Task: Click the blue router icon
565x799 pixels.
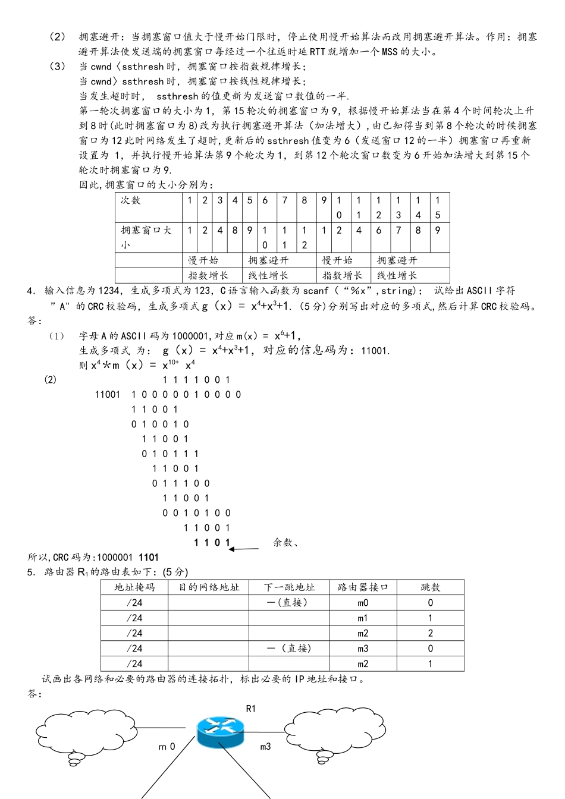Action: coord(220,732)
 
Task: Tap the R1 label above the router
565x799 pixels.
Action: coord(251,709)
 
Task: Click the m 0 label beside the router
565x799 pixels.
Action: coord(167,747)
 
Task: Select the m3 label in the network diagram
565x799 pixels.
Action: coord(265,747)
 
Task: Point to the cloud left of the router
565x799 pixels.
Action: coord(86,732)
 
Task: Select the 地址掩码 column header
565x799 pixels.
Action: coord(134,587)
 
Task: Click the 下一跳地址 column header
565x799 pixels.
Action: coord(289,587)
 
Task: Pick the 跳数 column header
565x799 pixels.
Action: coord(430,587)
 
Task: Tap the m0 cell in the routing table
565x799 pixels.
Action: coord(363,603)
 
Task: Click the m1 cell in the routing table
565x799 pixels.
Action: coord(363,618)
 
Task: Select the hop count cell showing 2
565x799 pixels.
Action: coord(431,634)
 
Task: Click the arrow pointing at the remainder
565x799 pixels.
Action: coord(244,549)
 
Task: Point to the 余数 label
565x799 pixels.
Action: coord(285,542)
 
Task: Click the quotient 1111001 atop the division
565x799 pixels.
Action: coord(196,380)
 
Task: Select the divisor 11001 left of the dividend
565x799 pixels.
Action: coord(108,395)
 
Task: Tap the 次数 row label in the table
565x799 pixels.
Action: coord(131,200)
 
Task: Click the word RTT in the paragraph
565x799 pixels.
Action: coord(317,52)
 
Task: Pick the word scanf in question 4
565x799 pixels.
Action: coord(316,291)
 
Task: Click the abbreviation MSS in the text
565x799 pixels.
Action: coord(390,52)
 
